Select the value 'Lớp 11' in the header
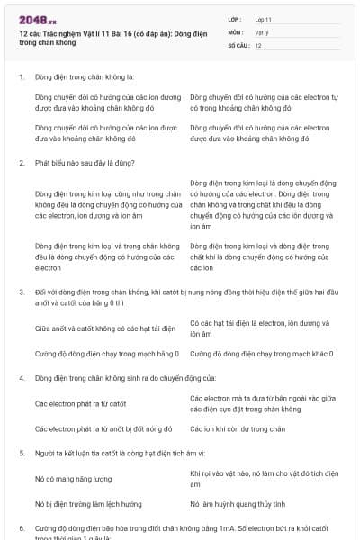pos(264,18)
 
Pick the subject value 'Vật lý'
pos(263,31)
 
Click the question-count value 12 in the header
pos(258,45)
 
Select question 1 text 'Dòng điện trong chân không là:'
pos(85,77)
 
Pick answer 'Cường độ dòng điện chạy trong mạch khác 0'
pos(262,354)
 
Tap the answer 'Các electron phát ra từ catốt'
pos(80,403)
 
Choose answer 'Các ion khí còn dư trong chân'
pos(238,428)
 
